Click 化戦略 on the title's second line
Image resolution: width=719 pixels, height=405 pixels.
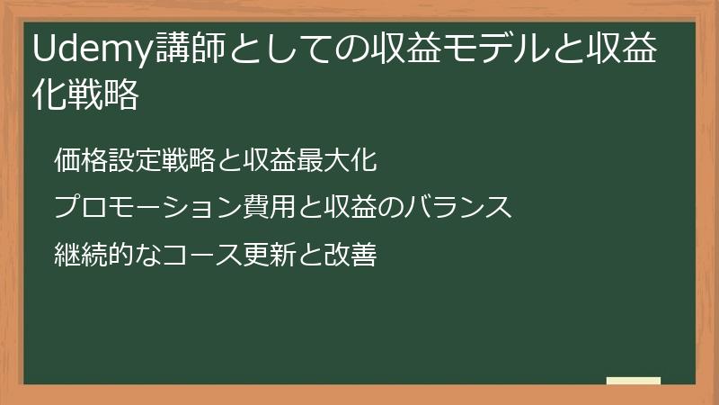coord(86,94)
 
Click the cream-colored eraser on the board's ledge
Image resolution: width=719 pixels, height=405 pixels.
coord(633,381)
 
